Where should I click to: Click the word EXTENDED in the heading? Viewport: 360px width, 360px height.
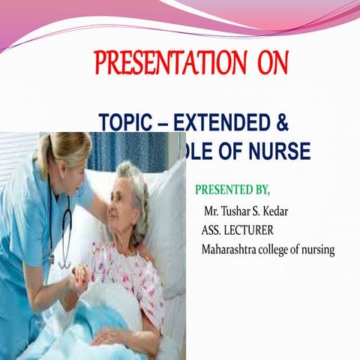coord(218,124)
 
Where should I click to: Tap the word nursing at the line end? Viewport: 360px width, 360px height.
coord(316,250)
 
